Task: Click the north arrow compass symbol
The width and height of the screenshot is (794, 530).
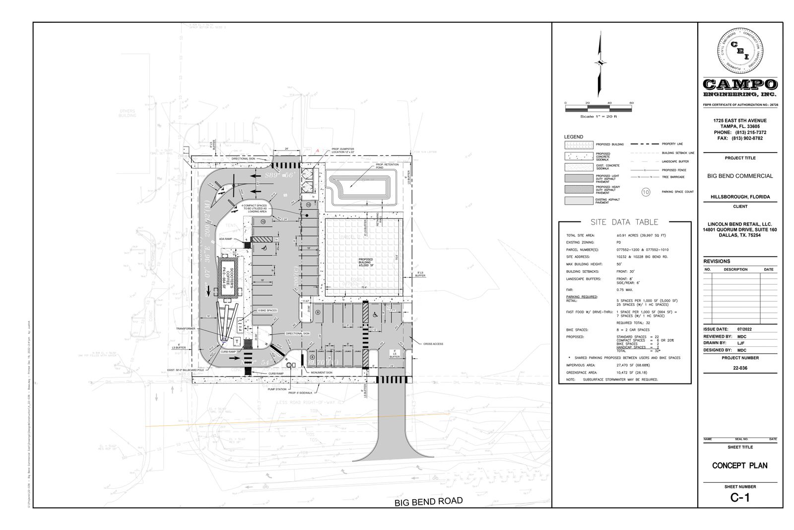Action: point(600,63)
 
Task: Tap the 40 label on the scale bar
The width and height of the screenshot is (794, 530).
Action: point(609,103)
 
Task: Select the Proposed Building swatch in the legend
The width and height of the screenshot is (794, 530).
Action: point(579,145)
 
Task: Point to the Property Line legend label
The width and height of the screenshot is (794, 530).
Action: point(672,144)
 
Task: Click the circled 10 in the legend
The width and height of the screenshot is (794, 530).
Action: point(646,192)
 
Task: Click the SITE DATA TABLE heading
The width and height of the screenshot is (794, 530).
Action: point(624,222)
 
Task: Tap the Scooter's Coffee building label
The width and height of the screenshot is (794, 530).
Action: point(229,278)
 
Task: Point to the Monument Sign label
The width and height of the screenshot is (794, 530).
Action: point(322,372)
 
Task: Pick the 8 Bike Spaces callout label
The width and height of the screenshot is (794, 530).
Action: point(267,310)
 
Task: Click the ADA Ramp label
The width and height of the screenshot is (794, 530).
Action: point(226,239)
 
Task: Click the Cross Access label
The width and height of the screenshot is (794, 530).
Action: point(433,344)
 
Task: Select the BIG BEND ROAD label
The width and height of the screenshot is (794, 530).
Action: point(428,501)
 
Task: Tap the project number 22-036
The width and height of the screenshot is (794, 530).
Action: point(740,368)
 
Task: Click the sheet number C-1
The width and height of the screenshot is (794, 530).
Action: point(739,498)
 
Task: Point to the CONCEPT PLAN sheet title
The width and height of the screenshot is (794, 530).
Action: point(739,465)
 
